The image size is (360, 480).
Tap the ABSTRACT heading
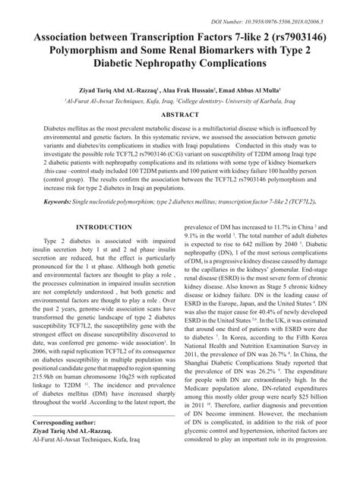pos(180,113)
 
